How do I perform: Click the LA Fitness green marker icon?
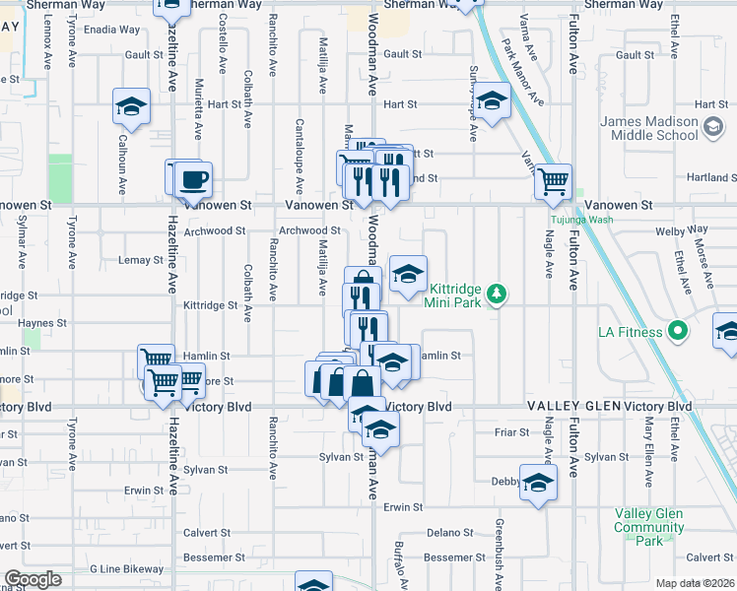click(677, 331)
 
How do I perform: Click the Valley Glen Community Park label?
click(648, 527)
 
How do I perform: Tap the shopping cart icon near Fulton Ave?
click(554, 180)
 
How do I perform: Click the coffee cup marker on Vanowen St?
click(193, 179)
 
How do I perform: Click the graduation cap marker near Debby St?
click(538, 483)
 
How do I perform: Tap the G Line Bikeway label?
click(126, 569)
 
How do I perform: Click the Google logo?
click(33, 580)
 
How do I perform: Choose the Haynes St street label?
click(41, 322)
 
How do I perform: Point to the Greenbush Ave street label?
click(500, 550)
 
